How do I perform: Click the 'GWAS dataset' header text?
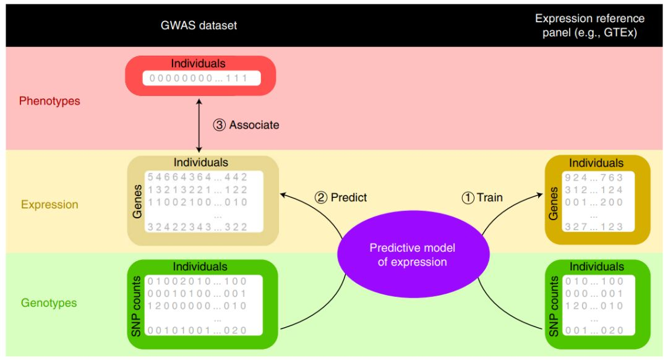click(x=199, y=25)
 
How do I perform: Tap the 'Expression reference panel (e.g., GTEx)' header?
click(x=589, y=25)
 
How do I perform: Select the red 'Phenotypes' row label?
click(x=49, y=101)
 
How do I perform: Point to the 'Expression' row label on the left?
click(x=49, y=204)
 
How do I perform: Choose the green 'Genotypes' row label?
click(x=49, y=303)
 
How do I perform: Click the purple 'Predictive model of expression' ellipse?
click(x=412, y=255)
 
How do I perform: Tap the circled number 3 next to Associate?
click(x=219, y=125)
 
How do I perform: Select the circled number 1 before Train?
click(x=468, y=198)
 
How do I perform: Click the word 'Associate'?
click(x=254, y=125)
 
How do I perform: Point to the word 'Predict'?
click(x=349, y=197)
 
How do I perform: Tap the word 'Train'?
click(x=489, y=198)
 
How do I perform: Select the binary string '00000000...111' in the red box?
click(x=201, y=79)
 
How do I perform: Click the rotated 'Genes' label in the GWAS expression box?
click(x=137, y=201)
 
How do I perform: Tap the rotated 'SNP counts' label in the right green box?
click(x=554, y=306)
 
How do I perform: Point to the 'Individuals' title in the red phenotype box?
click(x=199, y=63)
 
